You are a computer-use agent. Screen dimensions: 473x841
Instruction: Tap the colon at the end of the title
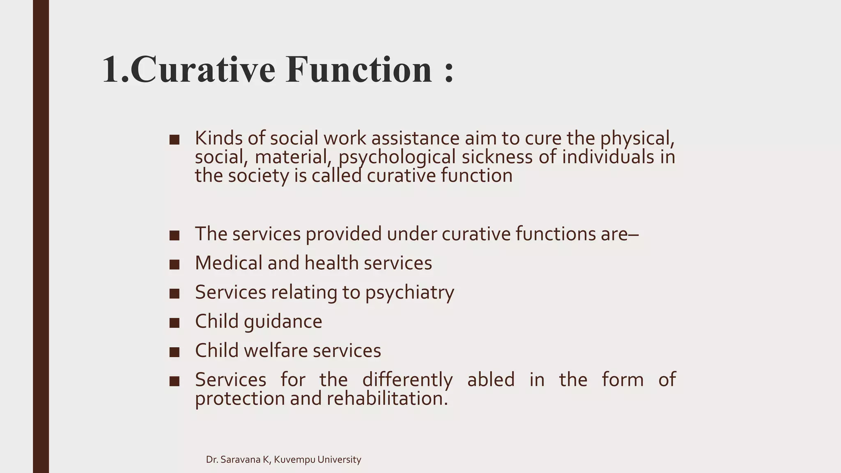click(449, 71)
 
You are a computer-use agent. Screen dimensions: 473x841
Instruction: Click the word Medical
click(229, 263)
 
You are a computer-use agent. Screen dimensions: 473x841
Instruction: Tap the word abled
click(491, 379)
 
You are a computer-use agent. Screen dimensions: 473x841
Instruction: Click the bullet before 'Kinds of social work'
click(175, 140)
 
